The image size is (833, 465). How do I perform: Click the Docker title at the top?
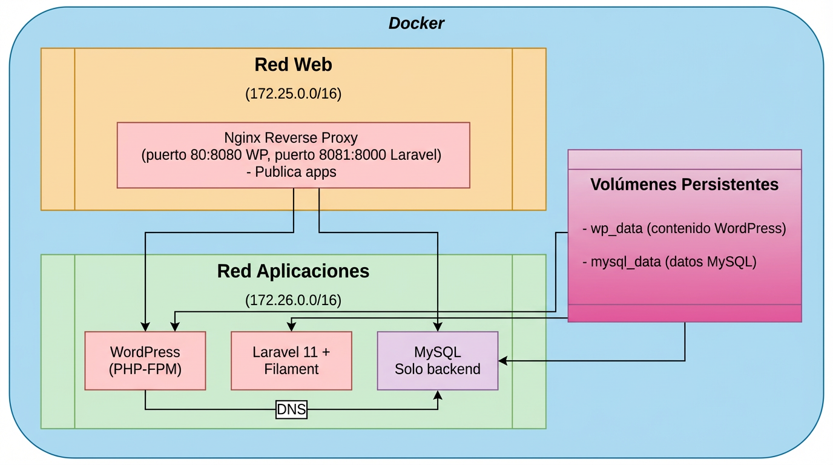(x=416, y=24)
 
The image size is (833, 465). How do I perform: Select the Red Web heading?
(x=293, y=64)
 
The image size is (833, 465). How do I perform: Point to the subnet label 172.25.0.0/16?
(x=293, y=94)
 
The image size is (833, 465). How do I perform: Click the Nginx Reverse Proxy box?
(x=293, y=155)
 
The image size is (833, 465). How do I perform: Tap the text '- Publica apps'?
(x=291, y=172)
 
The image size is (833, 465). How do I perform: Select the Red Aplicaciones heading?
(x=293, y=271)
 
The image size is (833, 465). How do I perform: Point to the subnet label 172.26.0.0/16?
(x=293, y=300)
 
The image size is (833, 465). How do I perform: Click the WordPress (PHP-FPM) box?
(x=145, y=360)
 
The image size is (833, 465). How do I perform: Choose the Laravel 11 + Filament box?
(x=291, y=360)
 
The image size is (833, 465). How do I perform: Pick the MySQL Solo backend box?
(x=437, y=360)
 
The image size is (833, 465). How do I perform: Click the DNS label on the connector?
(x=291, y=410)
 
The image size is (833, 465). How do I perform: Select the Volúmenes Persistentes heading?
(x=684, y=184)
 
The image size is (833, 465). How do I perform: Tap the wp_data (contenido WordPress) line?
(x=684, y=229)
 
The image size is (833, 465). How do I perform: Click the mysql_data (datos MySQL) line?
(x=670, y=262)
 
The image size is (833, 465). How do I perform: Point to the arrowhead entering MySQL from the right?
(x=502, y=361)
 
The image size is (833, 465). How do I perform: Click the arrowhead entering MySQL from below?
(x=438, y=394)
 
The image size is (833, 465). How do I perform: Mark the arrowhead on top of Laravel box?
(x=291, y=328)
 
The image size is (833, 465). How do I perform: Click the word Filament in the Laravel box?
(x=291, y=369)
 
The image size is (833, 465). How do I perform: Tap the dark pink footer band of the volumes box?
(x=684, y=313)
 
